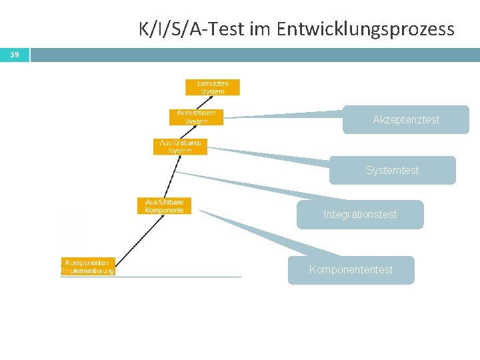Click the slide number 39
point(15,55)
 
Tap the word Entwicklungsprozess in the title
point(365,29)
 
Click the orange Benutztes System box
point(213,87)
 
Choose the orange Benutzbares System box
point(196,117)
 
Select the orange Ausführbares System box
point(180,147)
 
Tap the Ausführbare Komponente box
point(164,206)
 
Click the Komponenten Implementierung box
point(88,267)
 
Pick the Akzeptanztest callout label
point(406,120)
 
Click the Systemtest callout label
point(392,171)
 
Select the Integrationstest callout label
point(360,215)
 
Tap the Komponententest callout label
point(351,270)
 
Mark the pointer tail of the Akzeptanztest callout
point(280,115)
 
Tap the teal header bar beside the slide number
point(253,55)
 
